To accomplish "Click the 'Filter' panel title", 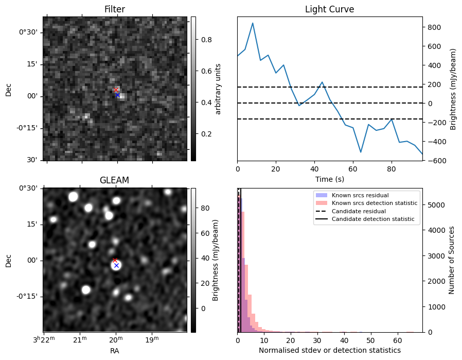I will (114, 9).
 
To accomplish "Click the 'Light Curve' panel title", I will (329, 9).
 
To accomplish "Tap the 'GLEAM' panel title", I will (114, 180).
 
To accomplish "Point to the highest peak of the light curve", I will (253, 23).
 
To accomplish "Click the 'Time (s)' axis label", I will (329, 179).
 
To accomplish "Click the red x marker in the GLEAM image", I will (115, 260).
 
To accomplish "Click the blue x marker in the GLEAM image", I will (116, 265).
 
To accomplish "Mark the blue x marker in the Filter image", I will (117, 95).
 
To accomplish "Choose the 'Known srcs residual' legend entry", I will (359, 196).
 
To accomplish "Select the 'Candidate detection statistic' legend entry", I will (372, 219).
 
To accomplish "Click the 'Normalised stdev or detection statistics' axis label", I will (329, 351).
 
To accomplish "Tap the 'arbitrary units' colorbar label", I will (218, 89).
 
